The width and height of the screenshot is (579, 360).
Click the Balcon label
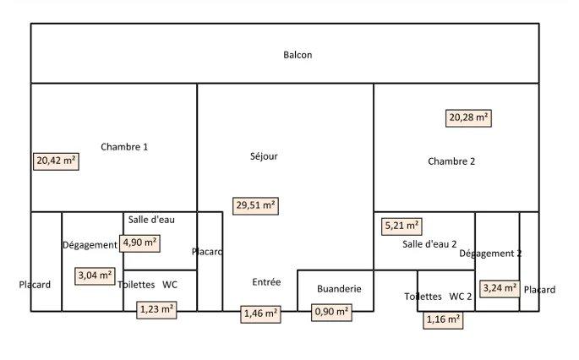click(x=298, y=55)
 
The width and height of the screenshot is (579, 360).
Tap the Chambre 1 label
click(x=124, y=147)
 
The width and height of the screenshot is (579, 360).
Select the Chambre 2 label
click(x=451, y=161)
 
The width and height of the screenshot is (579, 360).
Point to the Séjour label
click(x=264, y=156)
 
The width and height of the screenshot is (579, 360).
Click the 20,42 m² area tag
click(x=56, y=161)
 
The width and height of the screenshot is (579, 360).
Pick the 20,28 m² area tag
click(x=469, y=118)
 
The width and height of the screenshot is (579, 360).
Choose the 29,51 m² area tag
click(x=255, y=205)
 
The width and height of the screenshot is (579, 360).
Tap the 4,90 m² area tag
click(x=140, y=243)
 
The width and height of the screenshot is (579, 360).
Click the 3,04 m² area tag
click(x=95, y=275)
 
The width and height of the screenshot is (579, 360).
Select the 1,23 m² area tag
click(x=156, y=310)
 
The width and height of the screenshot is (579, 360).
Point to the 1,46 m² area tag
click(x=261, y=314)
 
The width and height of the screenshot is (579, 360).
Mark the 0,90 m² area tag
click(x=332, y=313)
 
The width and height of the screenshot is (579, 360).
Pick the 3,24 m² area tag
click(x=499, y=288)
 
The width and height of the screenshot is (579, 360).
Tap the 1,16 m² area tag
click(x=443, y=320)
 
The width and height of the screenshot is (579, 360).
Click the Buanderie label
click(x=339, y=289)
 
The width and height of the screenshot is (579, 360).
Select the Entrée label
click(x=266, y=282)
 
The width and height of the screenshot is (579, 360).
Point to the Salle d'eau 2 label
click(x=429, y=244)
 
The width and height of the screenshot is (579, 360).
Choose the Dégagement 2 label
click(x=490, y=254)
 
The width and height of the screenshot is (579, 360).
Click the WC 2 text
click(x=461, y=297)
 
